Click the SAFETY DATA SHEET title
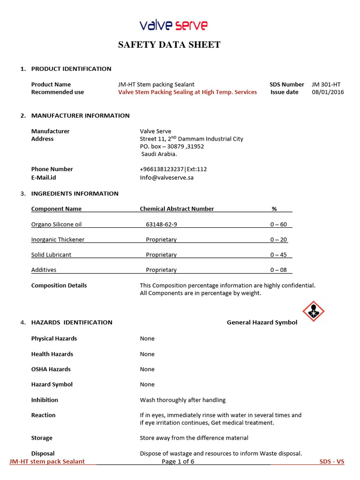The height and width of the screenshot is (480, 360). pos(169,45)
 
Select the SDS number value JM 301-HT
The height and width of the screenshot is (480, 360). pos(326,84)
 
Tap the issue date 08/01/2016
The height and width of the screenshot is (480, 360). pos(328,92)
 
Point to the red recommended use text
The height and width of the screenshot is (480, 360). pos(187,92)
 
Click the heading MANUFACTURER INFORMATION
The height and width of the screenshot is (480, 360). pos(80,116)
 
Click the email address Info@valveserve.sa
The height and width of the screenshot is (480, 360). pos(166,178)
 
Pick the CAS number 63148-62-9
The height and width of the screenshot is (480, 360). pos(161,225)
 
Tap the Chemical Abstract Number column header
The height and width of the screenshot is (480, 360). pos(177,209)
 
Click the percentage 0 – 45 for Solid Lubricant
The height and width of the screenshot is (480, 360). pos(278,255)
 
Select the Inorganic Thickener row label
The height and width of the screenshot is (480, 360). pos(58,240)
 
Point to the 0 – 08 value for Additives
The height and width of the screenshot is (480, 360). pos(278,270)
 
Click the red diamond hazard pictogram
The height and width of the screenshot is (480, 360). pos(314,312)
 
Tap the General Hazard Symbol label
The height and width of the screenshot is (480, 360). pos(262,322)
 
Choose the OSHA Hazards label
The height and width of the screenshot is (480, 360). pos(51,369)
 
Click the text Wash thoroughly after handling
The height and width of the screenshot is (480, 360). pos(182,400)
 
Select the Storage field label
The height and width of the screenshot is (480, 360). pos(42,438)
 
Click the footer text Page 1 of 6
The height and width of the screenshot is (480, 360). pos(178,462)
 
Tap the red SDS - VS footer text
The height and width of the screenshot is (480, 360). pos(332,462)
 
